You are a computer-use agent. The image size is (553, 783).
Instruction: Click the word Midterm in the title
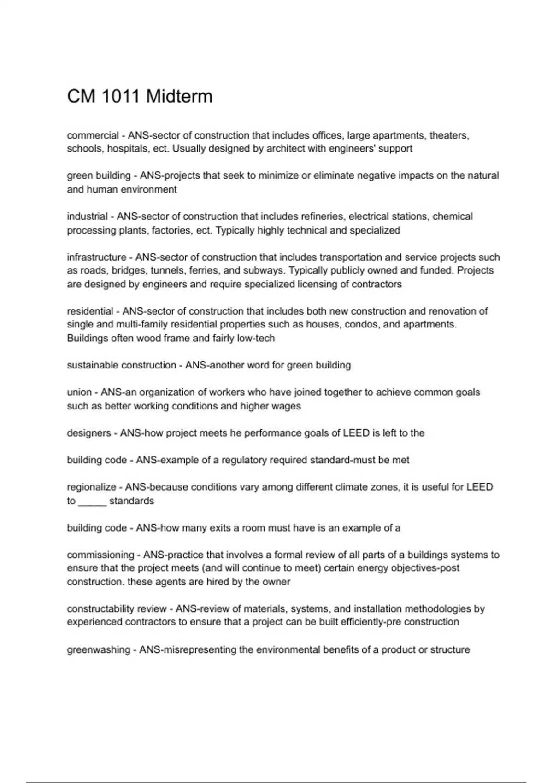179,97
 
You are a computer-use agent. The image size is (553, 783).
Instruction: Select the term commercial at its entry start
93,135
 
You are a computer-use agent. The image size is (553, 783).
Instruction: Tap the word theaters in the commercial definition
449,135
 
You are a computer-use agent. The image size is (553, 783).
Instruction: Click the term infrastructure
97,257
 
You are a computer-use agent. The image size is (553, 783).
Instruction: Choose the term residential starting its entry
90,311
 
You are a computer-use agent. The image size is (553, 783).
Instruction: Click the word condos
360,324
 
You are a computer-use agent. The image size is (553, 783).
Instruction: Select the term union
79,392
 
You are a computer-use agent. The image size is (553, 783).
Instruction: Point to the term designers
89,433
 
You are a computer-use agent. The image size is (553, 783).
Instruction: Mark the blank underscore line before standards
92,501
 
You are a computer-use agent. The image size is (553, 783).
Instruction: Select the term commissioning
100,555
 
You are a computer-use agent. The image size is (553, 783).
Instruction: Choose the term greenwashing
99,650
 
